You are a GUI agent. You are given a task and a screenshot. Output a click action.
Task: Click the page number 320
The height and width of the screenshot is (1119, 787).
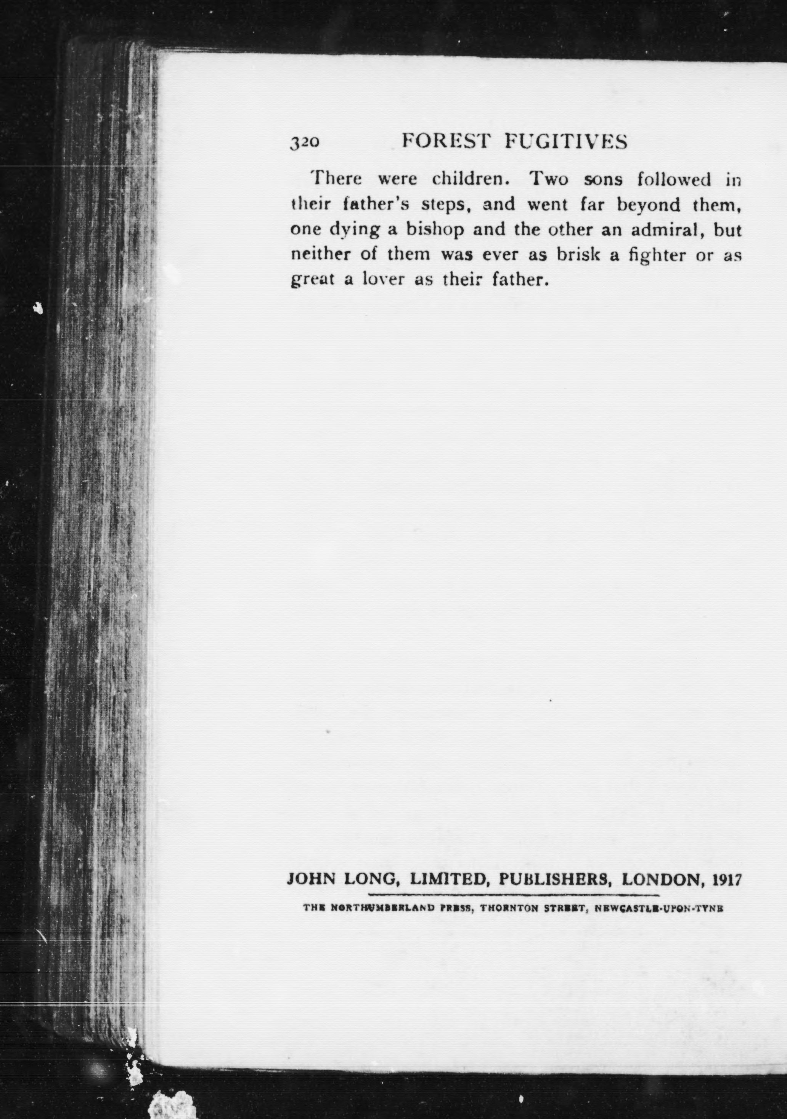[305, 142]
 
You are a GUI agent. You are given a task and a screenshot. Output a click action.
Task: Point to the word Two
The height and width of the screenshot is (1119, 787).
[549, 180]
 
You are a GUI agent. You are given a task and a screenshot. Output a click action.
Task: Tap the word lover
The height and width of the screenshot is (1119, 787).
[385, 281]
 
